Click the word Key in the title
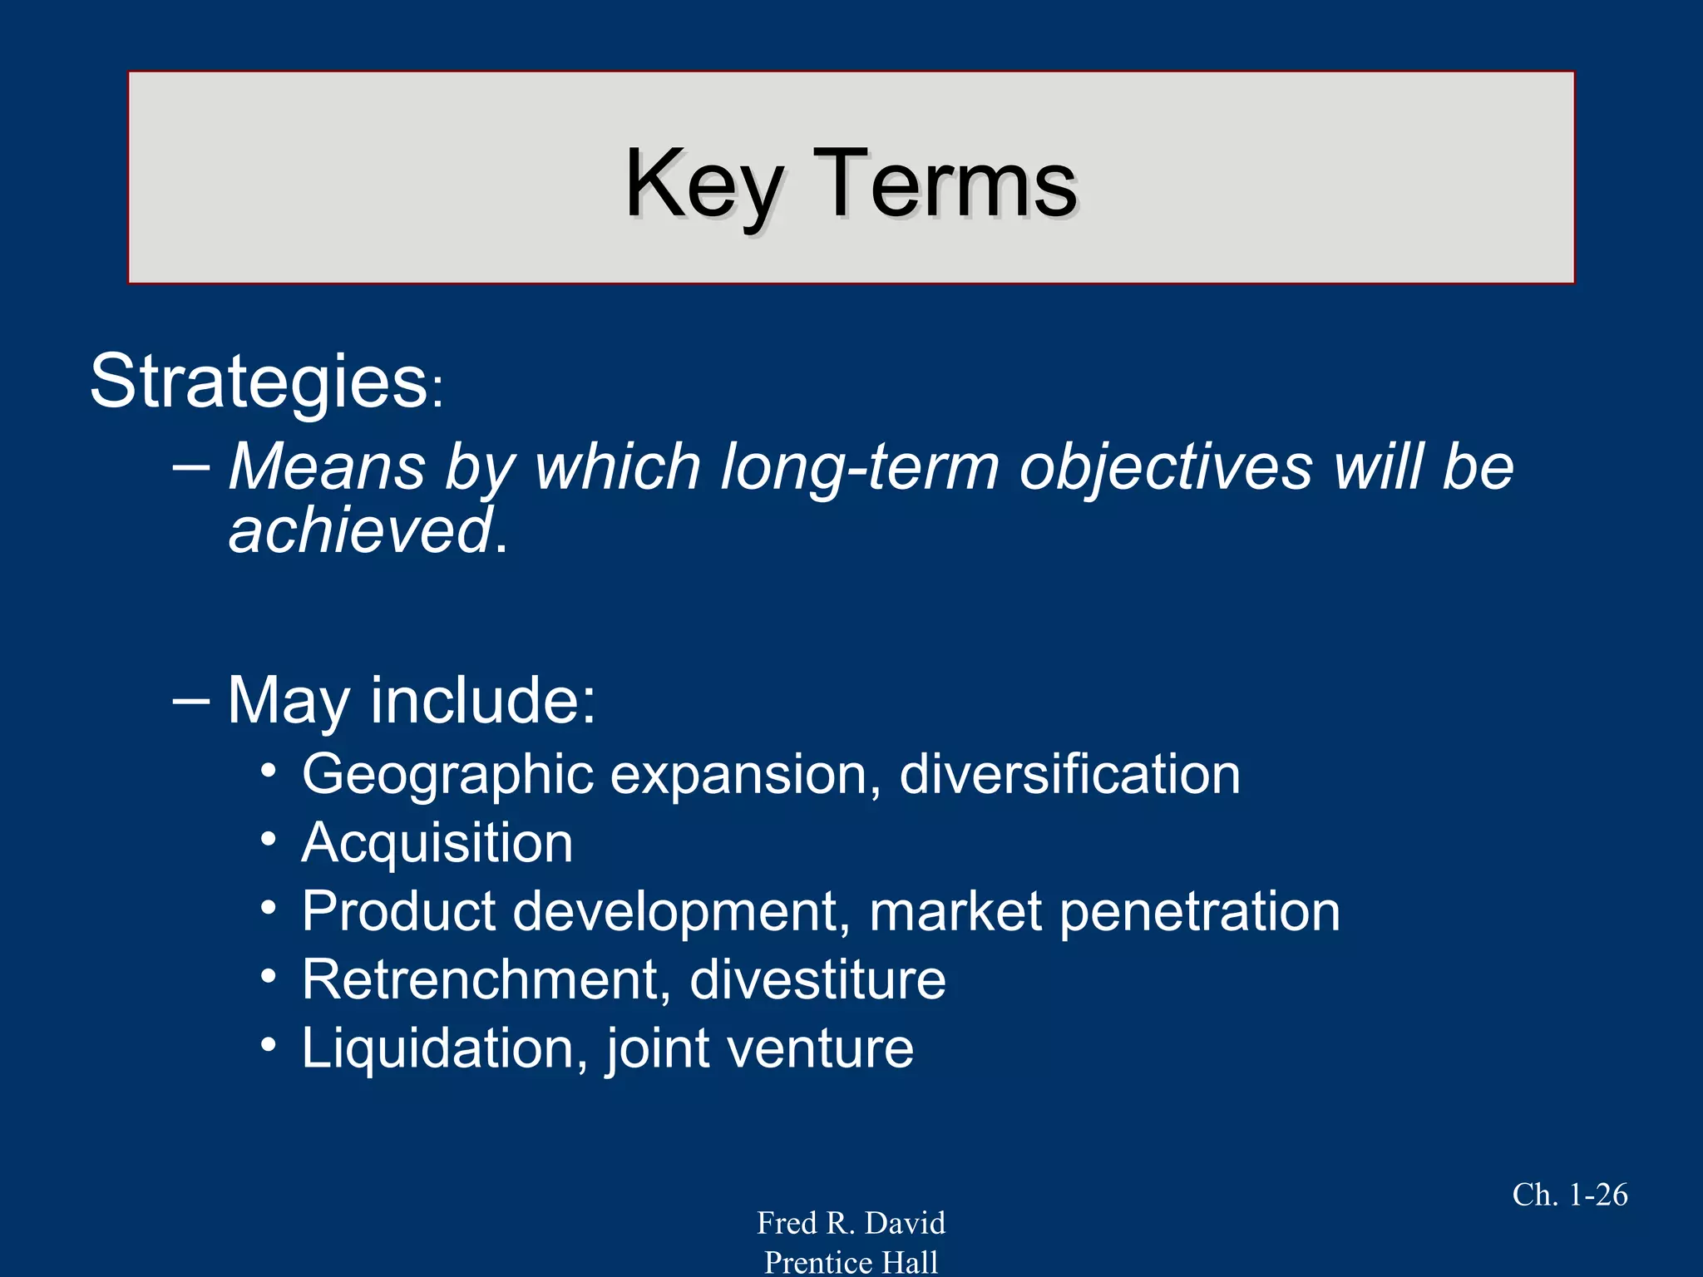(x=703, y=185)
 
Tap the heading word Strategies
(x=259, y=382)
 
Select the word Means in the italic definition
(x=327, y=466)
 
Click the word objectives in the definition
(x=1166, y=466)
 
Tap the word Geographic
(x=447, y=775)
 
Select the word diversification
(x=1069, y=775)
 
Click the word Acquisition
(x=437, y=843)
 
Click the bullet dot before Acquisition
(x=268, y=840)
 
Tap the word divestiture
(x=817, y=979)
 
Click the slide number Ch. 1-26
(x=1569, y=1195)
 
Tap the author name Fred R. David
(x=851, y=1223)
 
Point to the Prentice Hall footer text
(x=851, y=1262)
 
